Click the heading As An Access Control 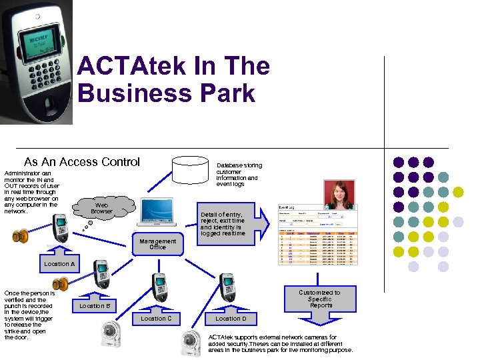82,162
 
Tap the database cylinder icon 189,171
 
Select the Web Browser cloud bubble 101,208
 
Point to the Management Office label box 157,244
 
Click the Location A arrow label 59,263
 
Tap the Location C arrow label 156,317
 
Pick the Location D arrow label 231,317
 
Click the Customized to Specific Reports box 319,299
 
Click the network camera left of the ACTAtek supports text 192,343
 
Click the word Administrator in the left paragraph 23,173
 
